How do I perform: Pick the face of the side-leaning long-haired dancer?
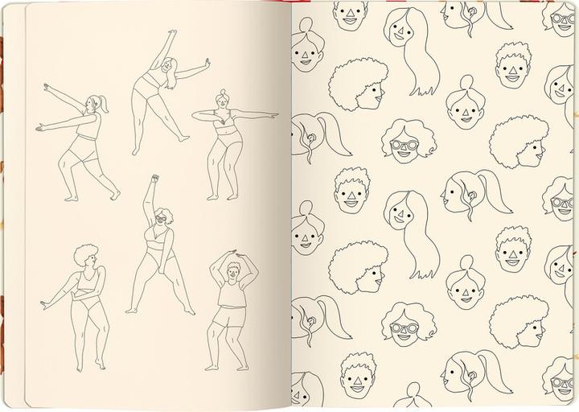pyautogui.click(x=166, y=68)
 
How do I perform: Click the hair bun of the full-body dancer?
pyautogui.click(x=222, y=93)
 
